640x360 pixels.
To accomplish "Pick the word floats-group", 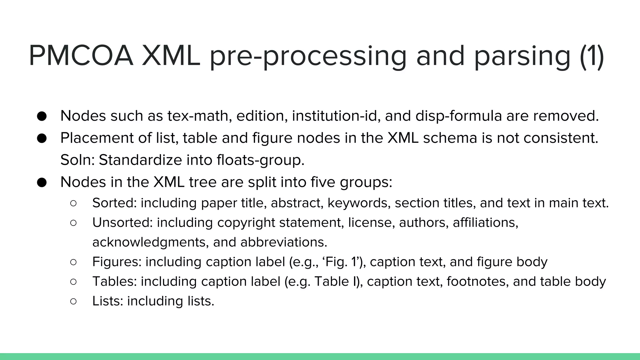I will pos(260,160).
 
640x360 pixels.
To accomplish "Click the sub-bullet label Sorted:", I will pos(114,203).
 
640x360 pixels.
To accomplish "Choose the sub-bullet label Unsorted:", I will pos(122,223).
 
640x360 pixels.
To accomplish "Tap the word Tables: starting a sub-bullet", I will pos(114,282).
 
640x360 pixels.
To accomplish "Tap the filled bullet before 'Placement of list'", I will pos(42,138).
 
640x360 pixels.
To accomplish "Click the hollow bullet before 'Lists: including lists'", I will pos(73,301).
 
